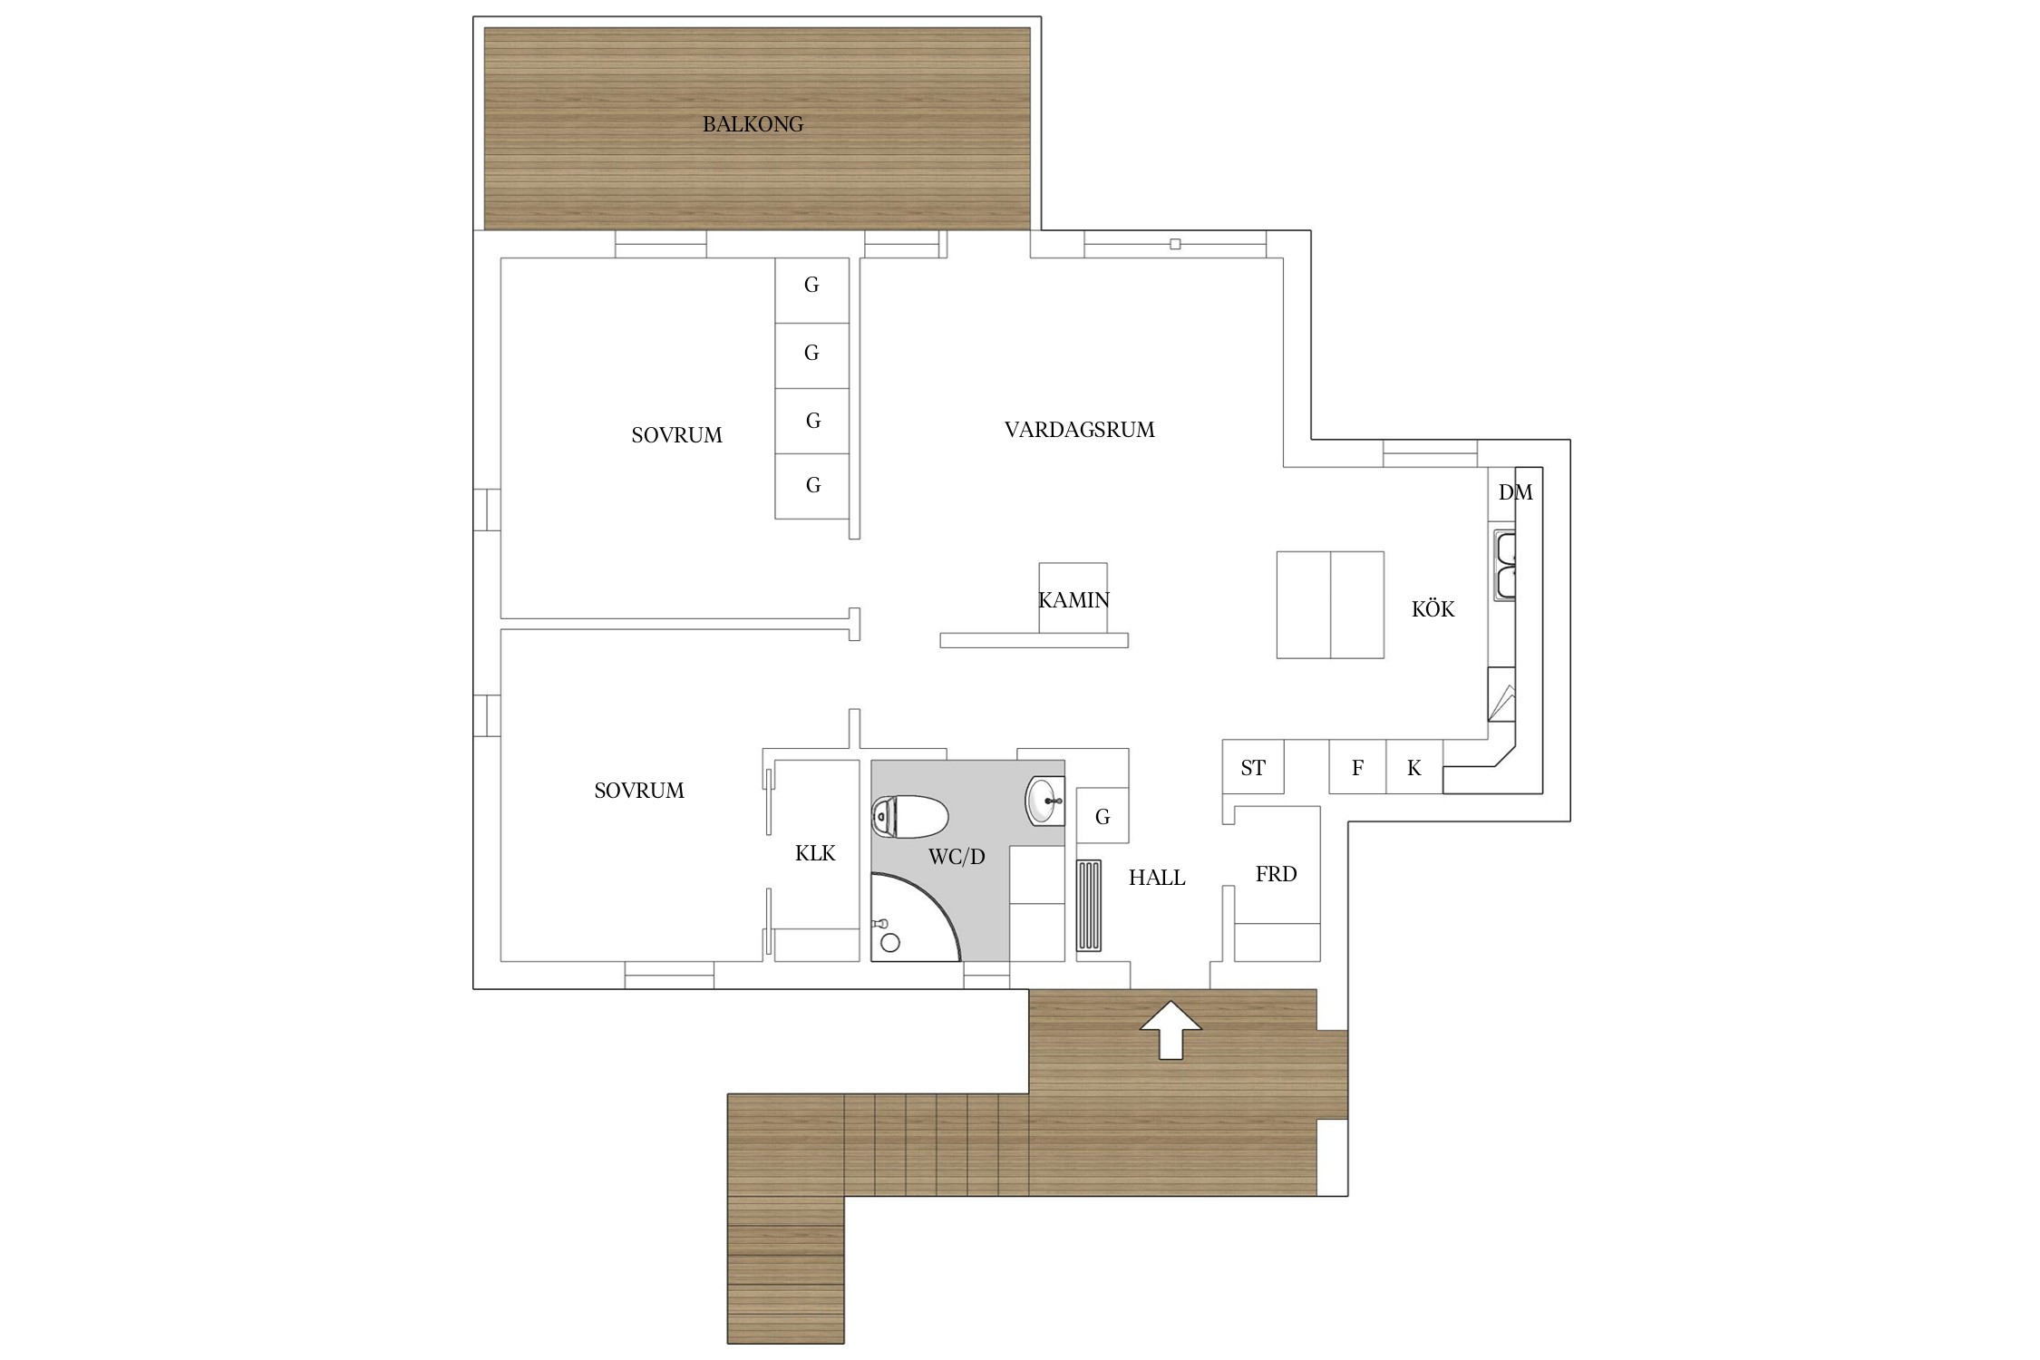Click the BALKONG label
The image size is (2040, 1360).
click(x=753, y=124)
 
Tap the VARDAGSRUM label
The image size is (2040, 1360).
click(x=1079, y=430)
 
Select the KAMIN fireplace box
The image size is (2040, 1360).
click(x=1073, y=597)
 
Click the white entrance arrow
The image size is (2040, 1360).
click(x=1171, y=1029)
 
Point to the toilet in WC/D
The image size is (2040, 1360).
click(x=909, y=816)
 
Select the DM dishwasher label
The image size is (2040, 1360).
click(x=1515, y=492)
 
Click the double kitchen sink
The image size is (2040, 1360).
click(x=1505, y=565)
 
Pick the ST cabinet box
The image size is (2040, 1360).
click(x=1253, y=767)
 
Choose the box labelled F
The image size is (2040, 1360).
click(x=1357, y=767)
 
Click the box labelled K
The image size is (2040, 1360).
click(x=1414, y=767)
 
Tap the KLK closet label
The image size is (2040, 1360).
click(x=815, y=853)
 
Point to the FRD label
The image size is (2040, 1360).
click(x=1276, y=874)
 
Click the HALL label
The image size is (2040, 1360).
click(x=1157, y=878)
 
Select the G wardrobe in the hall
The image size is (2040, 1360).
click(x=1103, y=817)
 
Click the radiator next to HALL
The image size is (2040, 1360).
click(x=1089, y=905)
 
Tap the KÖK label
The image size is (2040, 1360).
click(x=1433, y=609)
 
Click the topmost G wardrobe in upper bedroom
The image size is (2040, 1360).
click(x=811, y=290)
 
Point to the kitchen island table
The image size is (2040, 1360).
click(x=1330, y=605)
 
